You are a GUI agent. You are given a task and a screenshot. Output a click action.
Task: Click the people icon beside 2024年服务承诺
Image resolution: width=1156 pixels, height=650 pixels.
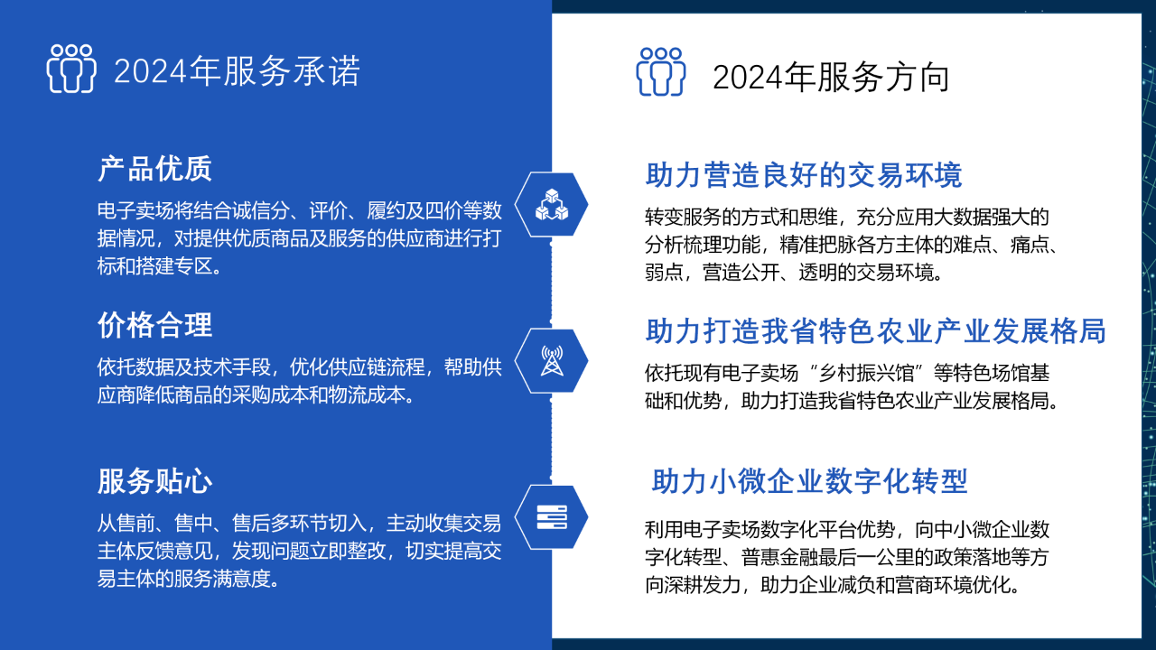[71, 69]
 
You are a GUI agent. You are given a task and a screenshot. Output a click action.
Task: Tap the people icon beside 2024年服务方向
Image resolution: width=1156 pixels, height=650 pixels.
[660, 71]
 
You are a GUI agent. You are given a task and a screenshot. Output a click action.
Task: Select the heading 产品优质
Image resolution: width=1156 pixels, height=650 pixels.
[154, 168]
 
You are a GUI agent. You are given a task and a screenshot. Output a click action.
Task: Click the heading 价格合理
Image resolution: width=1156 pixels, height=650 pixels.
[154, 325]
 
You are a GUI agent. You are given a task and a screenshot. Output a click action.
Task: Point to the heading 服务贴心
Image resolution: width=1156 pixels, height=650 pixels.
[154, 481]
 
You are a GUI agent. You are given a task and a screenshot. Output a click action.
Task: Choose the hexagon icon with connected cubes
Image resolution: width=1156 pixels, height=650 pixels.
[551, 204]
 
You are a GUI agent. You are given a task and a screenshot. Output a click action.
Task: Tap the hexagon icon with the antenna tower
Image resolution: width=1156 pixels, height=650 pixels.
[551, 360]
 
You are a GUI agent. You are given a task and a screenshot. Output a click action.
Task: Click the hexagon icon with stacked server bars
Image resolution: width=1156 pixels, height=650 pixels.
[551, 517]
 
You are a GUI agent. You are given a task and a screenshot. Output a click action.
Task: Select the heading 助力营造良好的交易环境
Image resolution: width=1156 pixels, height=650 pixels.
[804, 174]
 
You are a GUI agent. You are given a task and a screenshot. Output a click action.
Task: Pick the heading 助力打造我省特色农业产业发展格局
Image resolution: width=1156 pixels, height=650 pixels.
[876, 330]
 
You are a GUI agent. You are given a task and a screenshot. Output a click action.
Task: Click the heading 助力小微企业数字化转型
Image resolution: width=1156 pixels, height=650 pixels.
[809, 481]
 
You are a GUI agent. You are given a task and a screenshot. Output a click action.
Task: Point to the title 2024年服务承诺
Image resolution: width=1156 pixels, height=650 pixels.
[237, 71]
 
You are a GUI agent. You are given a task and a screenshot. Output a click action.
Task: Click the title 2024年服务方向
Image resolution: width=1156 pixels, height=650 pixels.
[831, 78]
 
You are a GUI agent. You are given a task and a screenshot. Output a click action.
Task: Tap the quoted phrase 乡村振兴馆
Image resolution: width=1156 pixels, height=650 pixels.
[866, 373]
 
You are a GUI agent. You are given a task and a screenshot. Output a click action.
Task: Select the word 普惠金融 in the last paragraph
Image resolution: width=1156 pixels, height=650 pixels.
[779, 557]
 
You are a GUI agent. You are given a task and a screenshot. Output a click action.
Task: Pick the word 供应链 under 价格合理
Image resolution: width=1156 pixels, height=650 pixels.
[357, 367]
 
